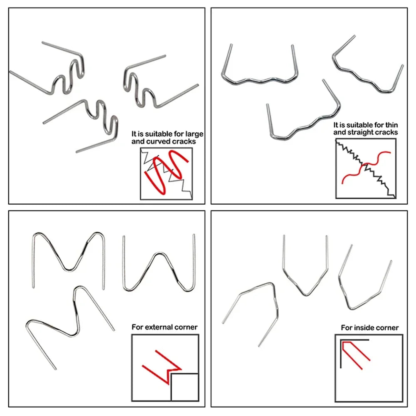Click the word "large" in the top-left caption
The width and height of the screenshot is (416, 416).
pyautogui.click(x=194, y=134)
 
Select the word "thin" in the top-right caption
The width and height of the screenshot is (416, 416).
pyautogui.click(x=391, y=125)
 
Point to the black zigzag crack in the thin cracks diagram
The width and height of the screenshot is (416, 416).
pyautogui.click(x=366, y=169)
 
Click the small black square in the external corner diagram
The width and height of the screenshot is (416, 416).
pyautogui.click(x=185, y=387)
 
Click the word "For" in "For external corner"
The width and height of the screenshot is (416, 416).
pyautogui.click(x=137, y=327)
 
